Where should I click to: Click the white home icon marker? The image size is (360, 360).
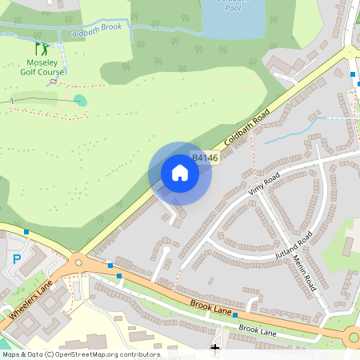tap(180, 173)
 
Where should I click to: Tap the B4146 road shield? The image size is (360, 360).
tap(204, 158)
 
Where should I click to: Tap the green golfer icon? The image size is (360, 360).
tap(41, 50)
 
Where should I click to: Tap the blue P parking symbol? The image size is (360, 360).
tap(18, 259)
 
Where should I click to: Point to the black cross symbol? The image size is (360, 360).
tap(214, 348)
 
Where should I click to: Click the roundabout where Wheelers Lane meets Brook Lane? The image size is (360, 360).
tap(78, 262)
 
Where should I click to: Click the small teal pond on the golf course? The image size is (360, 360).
tap(79, 100)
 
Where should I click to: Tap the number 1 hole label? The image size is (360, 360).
tap(12, 100)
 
